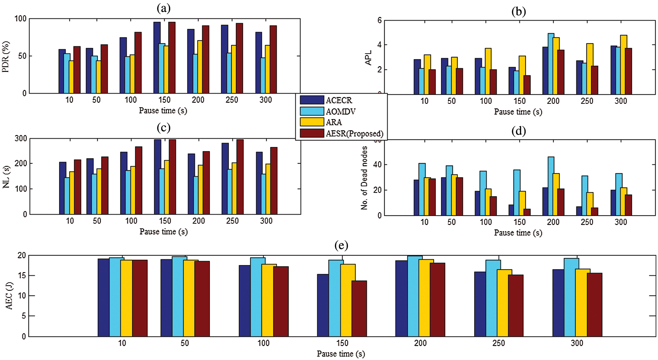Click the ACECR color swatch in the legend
point(312,100)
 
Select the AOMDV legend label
point(341,111)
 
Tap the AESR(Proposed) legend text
point(354,133)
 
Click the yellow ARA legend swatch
point(312,122)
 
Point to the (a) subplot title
point(163,8)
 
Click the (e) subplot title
point(341,245)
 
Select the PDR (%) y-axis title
point(6,57)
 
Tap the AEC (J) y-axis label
point(9,296)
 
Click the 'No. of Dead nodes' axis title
point(364,178)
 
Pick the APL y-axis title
point(368,58)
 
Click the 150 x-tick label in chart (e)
point(342,343)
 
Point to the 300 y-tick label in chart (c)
point(21,138)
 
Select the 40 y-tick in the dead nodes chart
point(377,165)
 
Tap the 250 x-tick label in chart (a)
point(232,100)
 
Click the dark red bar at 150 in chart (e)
point(359,308)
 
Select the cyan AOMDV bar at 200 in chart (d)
point(551,186)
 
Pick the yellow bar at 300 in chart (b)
point(623,64)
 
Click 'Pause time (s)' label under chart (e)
point(341,354)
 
